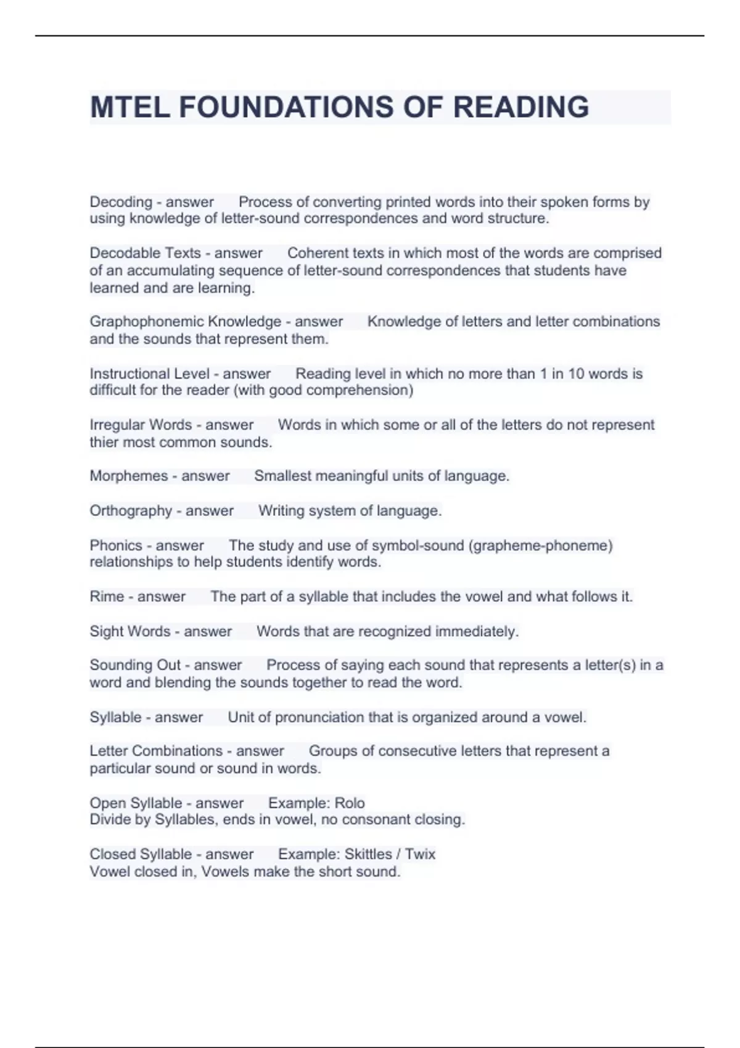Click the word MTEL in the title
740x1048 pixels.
tap(129, 107)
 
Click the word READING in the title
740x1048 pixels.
tap(521, 107)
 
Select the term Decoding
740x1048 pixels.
tap(121, 202)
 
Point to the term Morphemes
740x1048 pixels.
tap(128, 476)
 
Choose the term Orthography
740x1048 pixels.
tap(131, 511)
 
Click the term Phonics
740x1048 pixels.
tap(116, 546)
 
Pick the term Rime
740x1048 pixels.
tap(107, 597)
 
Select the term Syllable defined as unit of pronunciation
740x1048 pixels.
tap(115, 718)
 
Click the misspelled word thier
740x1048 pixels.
tap(104, 443)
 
